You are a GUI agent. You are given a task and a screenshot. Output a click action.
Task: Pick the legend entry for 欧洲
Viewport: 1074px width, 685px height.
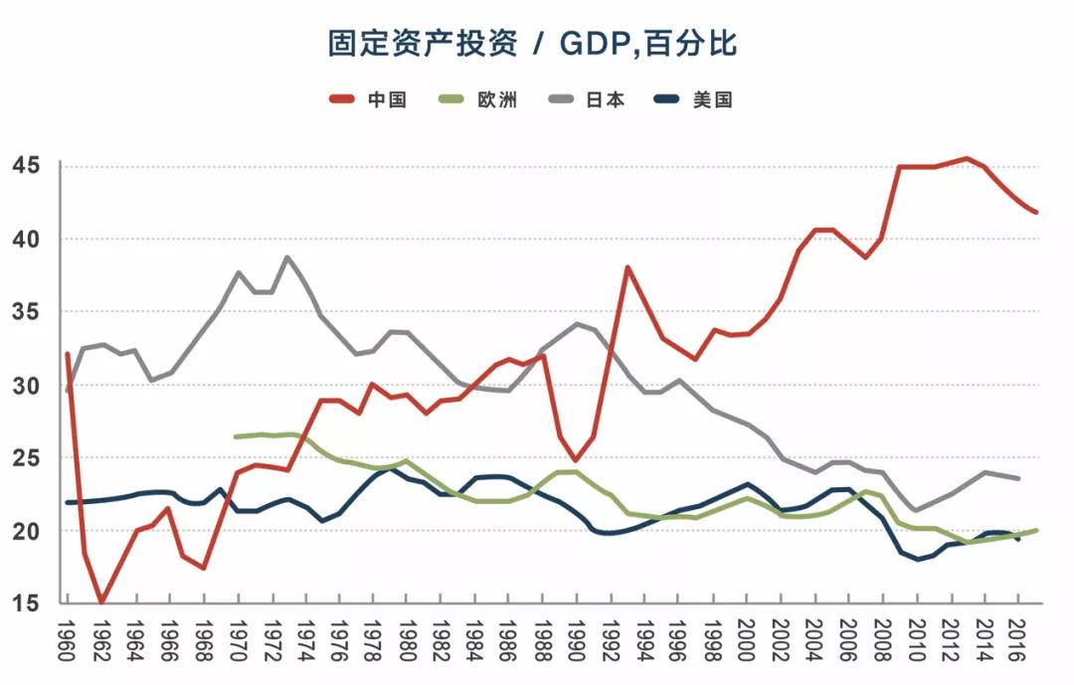477,99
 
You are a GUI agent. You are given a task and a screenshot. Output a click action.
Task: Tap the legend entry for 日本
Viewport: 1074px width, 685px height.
585,99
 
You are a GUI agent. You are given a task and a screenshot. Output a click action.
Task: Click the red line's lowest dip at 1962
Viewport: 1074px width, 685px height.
101,601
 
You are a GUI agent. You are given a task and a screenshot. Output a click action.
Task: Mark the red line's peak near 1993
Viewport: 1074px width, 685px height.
627,266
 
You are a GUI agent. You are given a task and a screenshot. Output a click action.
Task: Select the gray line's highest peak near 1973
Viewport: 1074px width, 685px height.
287,257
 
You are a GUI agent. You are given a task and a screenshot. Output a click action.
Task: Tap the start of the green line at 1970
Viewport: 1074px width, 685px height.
236,436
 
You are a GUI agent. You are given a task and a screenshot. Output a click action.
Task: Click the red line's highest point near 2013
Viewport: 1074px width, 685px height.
967,158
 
